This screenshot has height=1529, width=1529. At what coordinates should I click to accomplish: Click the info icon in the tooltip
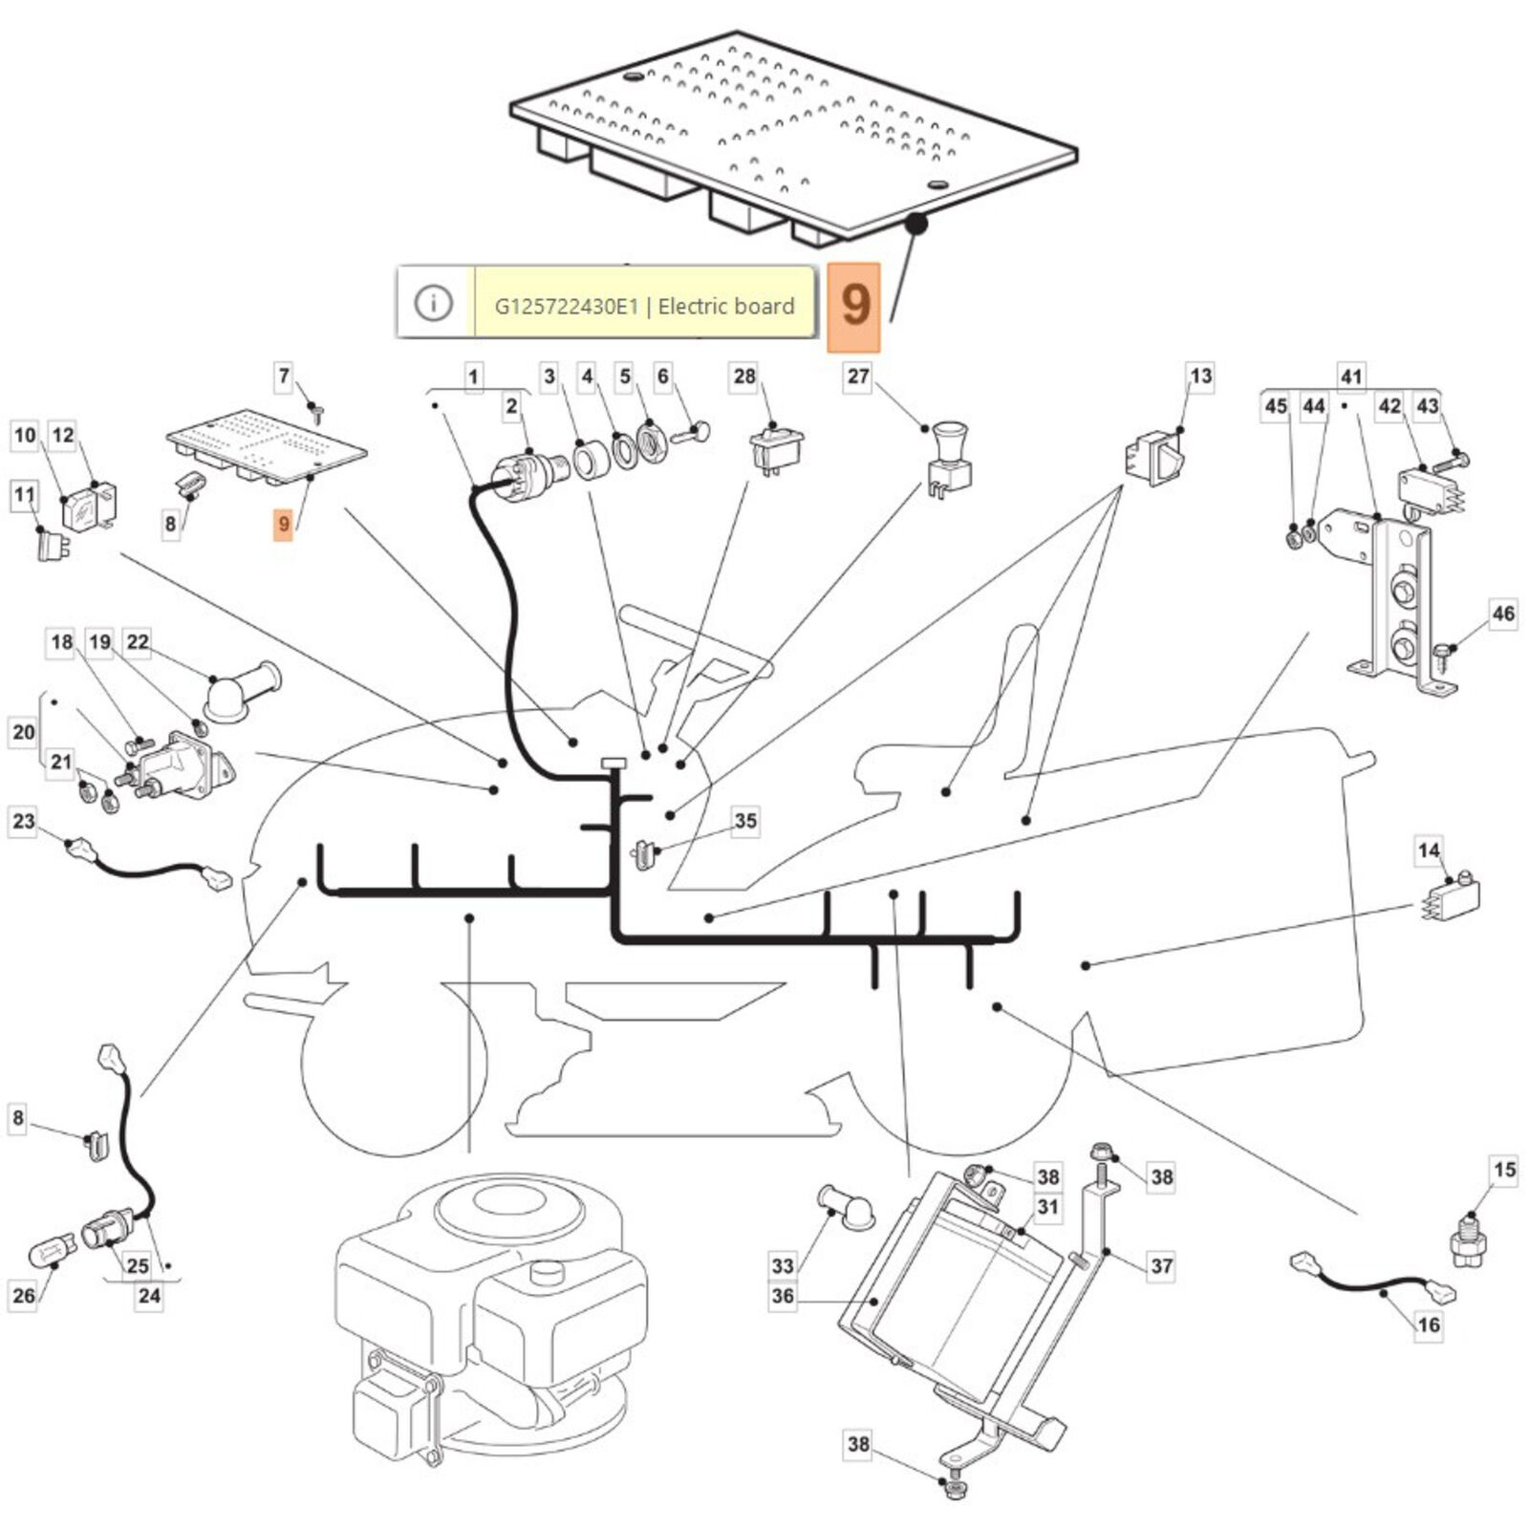click(x=433, y=304)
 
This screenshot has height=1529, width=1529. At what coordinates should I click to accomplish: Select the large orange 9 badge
click(x=854, y=306)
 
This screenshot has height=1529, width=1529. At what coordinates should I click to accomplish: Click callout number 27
click(x=858, y=377)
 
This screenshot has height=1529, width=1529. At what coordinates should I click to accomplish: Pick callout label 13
click(x=1200, y=377)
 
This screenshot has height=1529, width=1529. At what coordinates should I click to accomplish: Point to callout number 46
click(x=1503, y=614)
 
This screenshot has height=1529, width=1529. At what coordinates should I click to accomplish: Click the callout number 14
click(x=1429, y=851)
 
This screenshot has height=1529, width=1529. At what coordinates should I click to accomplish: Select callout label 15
click(x=1504, y=1170)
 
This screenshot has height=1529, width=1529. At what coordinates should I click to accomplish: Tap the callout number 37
click(x=1161, y=1266)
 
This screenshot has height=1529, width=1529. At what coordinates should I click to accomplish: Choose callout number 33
click(x=783, y=1266)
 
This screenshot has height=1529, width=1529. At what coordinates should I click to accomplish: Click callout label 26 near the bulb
click(x=24, y=1296)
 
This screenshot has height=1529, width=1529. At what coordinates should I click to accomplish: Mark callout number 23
click(x=24, y=821)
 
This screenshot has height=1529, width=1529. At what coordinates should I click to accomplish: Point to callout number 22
click(x=138, y=642)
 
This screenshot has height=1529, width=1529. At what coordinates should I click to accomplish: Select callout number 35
click(x=745, y=821)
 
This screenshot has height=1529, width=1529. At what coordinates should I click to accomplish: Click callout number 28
click(x=744, y=377)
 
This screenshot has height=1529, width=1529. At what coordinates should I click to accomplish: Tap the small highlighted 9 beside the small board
click(x=283, y=525)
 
